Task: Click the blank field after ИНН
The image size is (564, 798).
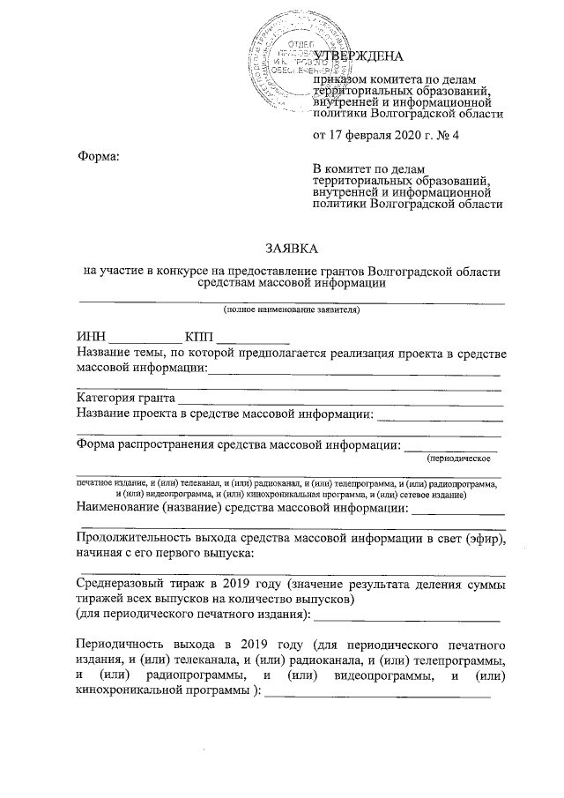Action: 145,339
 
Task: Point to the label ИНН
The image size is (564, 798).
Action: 91,338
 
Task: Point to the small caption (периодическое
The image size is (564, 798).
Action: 458,459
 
